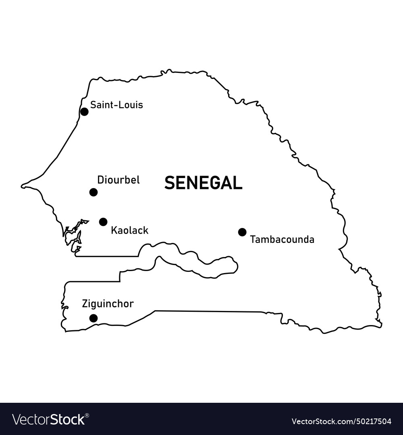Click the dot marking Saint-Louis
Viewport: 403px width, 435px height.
84,112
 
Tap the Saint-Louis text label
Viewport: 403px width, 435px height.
116,105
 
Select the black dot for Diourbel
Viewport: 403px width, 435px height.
93,192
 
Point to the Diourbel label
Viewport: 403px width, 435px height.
118,180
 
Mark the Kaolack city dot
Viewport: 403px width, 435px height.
103,222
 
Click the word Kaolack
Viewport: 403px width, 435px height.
130,231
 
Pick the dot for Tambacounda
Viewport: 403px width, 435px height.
242,232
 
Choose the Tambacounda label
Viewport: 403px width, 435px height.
282,240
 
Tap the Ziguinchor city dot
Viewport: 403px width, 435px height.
93,318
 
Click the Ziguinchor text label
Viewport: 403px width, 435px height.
108,304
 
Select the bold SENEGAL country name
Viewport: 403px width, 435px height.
204,183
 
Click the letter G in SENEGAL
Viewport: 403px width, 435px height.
212,183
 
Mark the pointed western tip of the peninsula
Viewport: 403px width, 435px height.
23,186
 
